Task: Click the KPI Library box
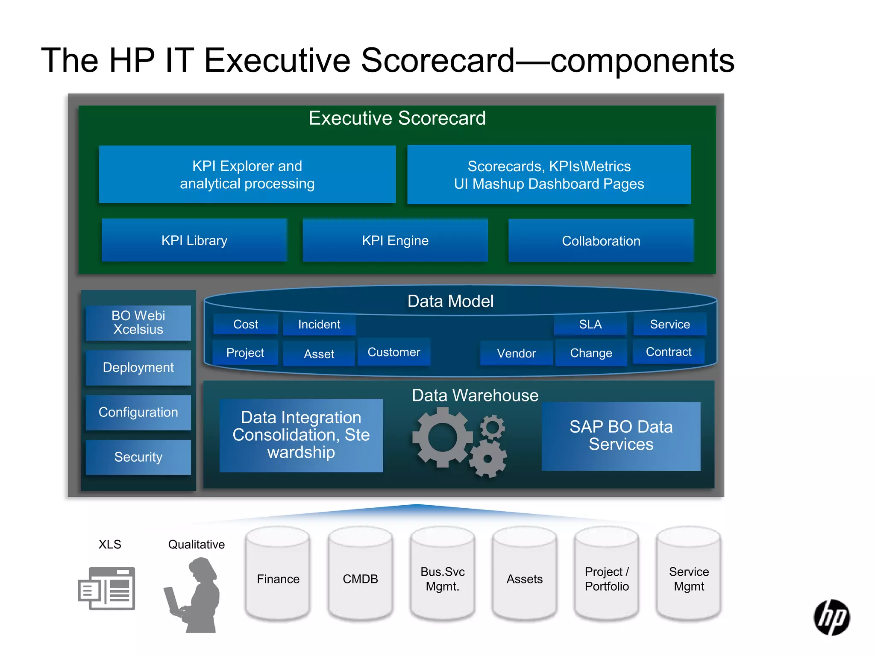(x=194, y=240)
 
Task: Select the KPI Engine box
(x=395, y=240)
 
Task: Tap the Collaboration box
(x=601, y=241)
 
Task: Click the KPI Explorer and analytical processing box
(x=247, y=175)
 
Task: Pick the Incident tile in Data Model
(x=319, y=325)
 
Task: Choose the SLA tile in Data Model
(x=590, y=325)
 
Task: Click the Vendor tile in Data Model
(x=516, y=353)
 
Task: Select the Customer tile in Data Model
(x=394, y=352)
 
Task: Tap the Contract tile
(x=668, y=352)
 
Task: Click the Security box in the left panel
(x=138, y=457)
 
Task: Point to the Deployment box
(x=138, y=368)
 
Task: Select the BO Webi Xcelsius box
(x=138, y=323)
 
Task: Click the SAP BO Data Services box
(x=621, y=436)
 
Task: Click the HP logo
(x=831, y=618)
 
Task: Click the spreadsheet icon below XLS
(x=107, y=589)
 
